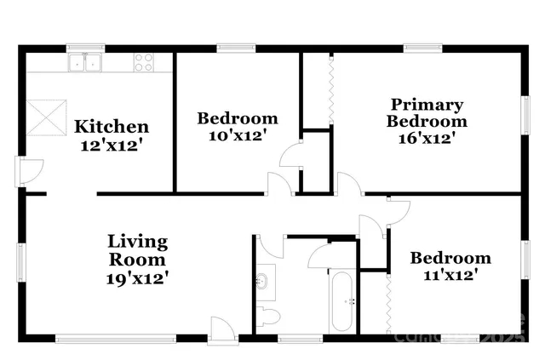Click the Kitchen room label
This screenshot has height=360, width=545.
click(112, 127)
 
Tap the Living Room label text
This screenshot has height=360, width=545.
click(137, 249)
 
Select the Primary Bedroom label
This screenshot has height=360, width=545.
click(427, 112)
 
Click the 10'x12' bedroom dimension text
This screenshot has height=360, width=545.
click(238, 135)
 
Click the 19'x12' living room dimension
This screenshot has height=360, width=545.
click(137, 277)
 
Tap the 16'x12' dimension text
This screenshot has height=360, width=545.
click(427, 138)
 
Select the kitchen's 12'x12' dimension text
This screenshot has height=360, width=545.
click(112, 145)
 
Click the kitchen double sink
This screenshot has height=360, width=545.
click(85, 62)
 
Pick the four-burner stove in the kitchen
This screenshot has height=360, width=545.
click(143, 61)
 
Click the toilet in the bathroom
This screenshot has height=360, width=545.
click(267, 317)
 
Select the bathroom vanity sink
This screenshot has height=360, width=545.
click(263, 279)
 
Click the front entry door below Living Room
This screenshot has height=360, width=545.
click(221, 330)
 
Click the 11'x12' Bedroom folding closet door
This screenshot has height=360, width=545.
click(387, 302)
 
